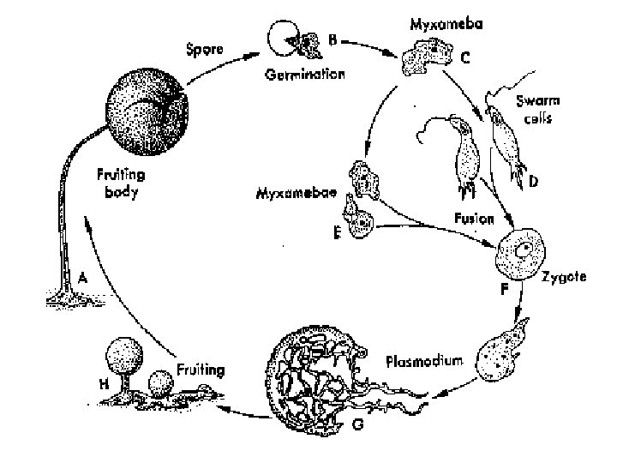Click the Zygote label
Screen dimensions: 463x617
tap(565, 278)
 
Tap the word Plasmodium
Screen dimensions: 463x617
tap(424, 361)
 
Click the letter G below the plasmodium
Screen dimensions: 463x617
tap(357, 427)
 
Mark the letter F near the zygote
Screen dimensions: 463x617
tap(505, 290)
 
